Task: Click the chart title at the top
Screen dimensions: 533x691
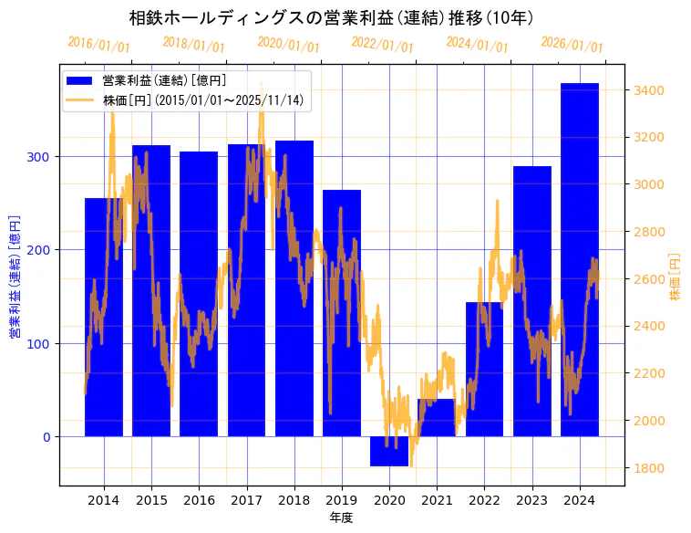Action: pyautogui.click(x=331, y=17)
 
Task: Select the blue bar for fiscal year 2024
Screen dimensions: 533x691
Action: pyautogui.click(x=580, y=259)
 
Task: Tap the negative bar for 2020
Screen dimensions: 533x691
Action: pyautogui.click(x=389, y=451)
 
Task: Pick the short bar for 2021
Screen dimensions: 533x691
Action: pyautogui.click(x=437, y=417)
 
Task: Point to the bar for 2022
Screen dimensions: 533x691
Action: pyautogui.click(x=484, y=369)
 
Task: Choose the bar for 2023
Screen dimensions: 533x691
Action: pyautogui.click(x=531, y=301)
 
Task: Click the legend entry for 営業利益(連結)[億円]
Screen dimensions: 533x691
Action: pyautogui.click(x=164, y=81)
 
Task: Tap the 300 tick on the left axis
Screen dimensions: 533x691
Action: pyautogui.click(x=44, y=157)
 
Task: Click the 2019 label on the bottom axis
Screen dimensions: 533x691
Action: pyautogui.click(x=342, y=500)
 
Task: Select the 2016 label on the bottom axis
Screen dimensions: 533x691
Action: pyautogui.click(x=199, y=500)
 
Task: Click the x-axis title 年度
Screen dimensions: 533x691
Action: pyautogui.click(x=342, y=517)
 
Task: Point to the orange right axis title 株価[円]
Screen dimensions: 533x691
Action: pyautogui.click(x=676, y=277)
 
